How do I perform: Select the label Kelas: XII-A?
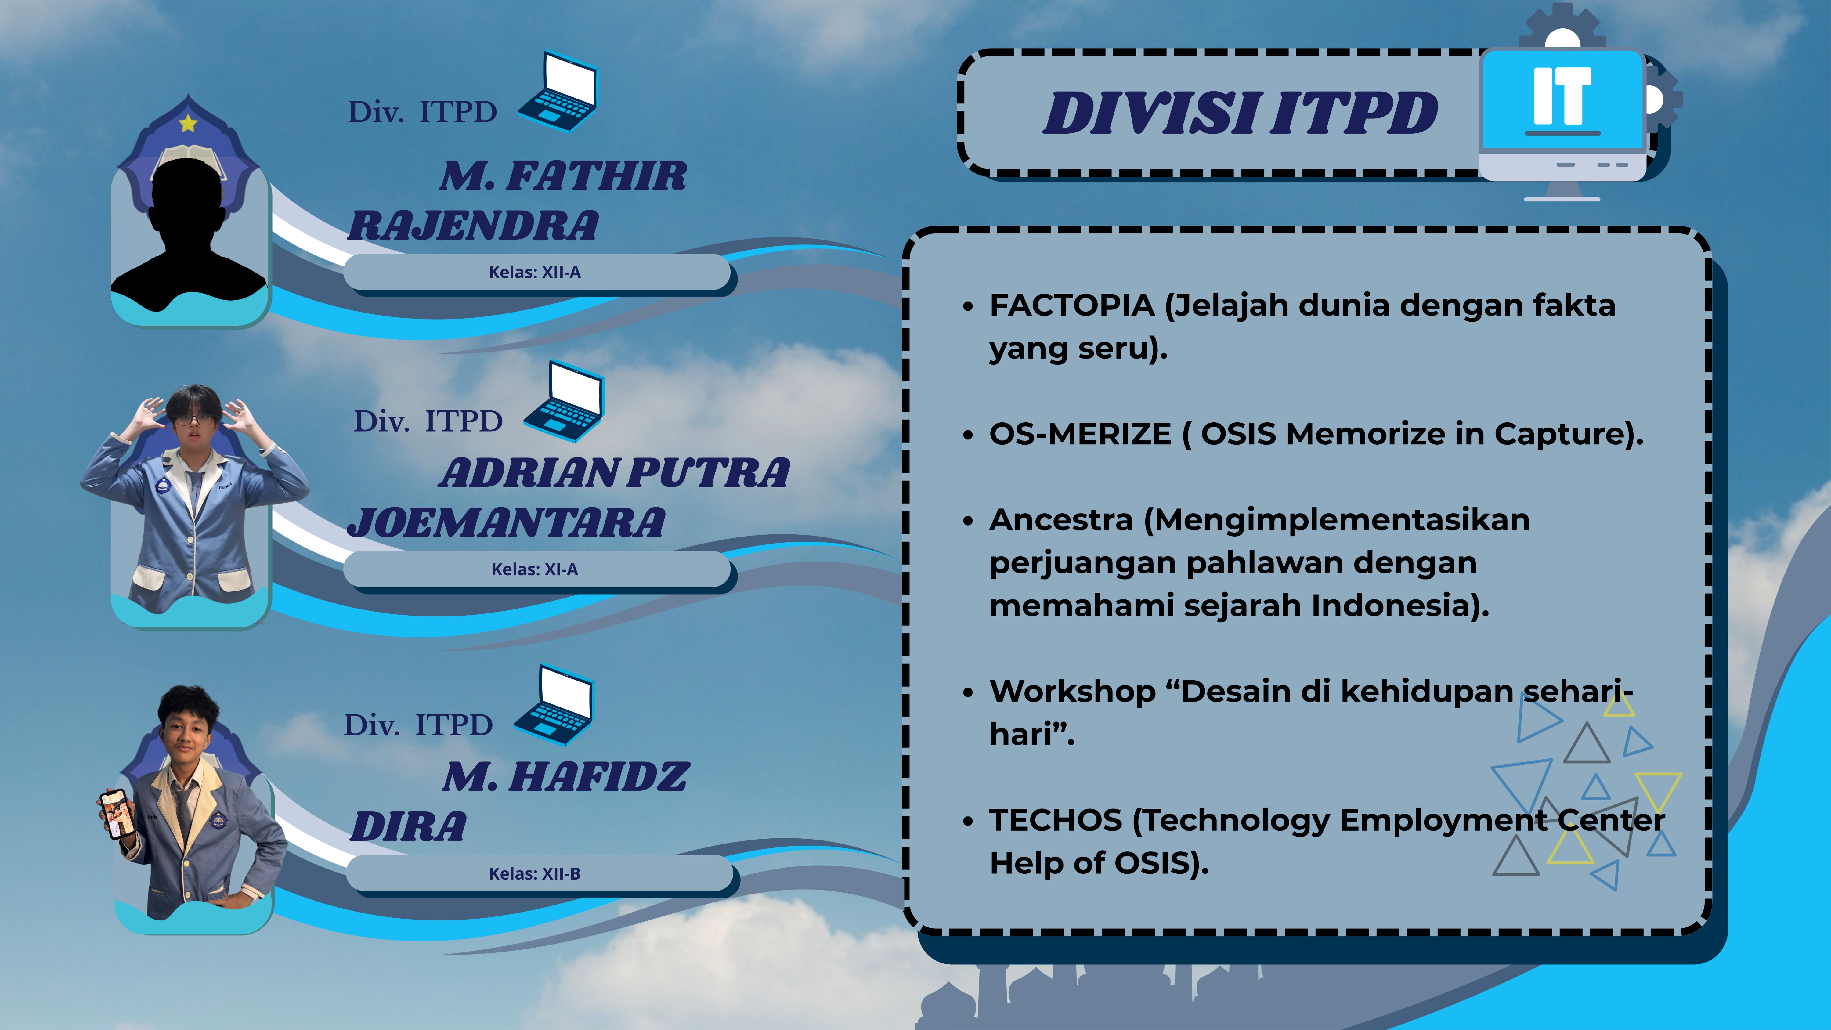pos(535,272)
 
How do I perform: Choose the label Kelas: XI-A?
pos(535,569)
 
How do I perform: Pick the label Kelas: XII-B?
pos(535,874)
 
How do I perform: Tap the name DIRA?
pos(409,827)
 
